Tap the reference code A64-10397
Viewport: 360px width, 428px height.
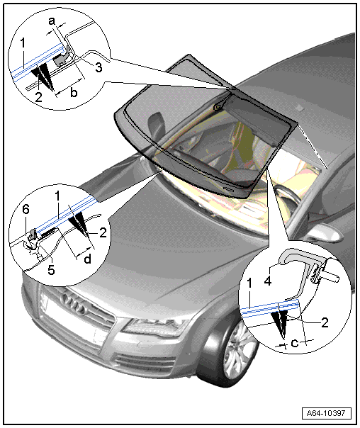[326, 413]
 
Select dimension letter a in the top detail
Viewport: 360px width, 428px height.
[52, 21]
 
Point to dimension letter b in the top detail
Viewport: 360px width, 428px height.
[74, 93]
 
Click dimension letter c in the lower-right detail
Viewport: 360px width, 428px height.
[295, 343]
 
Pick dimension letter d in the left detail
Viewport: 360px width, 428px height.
[87, 259]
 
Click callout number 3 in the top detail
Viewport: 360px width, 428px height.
[99, 67]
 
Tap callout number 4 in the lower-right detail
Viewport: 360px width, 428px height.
[269, 281]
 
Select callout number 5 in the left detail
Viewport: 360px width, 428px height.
[51, 269]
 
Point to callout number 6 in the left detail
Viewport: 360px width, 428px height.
[26, 210]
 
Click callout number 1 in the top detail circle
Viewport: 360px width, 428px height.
[23, 43]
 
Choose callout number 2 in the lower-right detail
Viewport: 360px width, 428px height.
[325, 322]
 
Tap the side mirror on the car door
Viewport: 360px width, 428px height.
[325, 232]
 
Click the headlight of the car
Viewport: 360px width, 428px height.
[155, 327]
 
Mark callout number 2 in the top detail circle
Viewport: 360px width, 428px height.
[39, 98]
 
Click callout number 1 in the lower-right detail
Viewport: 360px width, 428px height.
[249, 284]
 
